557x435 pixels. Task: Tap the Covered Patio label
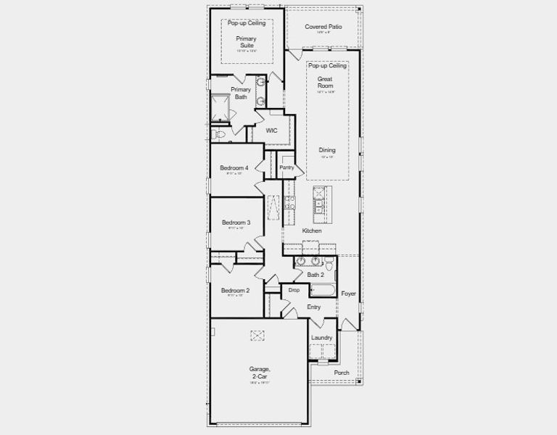323,27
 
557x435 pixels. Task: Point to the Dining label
327,150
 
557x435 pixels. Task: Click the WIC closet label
271,130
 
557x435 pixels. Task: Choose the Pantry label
286,167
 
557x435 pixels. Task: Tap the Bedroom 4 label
234,167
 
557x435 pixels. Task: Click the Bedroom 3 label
236,222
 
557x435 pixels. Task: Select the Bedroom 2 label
235,290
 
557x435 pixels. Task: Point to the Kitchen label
312,231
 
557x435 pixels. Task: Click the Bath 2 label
315,275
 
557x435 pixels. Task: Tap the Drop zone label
294,290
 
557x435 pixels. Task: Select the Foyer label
348,294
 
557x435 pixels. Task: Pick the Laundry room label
321,338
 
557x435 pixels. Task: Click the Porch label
341,373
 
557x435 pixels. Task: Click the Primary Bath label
241,93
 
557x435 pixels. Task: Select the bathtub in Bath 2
322,291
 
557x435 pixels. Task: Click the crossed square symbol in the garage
257,335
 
